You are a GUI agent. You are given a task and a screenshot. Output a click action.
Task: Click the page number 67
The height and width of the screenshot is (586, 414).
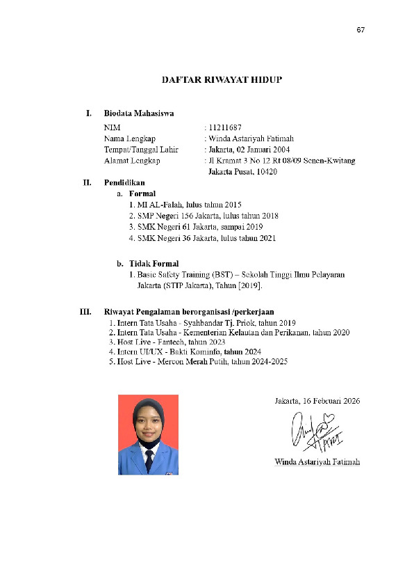coord(361,30)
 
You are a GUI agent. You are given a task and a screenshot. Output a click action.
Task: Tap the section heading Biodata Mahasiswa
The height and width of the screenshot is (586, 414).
coord(139,113)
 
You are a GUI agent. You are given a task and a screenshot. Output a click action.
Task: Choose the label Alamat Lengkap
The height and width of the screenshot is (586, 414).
coord(132,161)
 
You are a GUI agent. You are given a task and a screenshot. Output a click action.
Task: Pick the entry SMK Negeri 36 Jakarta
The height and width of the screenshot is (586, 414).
coord(174,238)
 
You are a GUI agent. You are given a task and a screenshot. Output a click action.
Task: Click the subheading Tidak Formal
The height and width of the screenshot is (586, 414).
coord(154,264)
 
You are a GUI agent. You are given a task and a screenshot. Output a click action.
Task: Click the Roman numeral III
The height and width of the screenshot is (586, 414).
coord(87,312)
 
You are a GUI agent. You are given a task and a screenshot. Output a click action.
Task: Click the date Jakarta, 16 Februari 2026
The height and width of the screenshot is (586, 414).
coord(317,401)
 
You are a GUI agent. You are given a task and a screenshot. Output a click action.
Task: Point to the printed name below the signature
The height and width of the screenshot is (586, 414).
coord(317,462)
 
